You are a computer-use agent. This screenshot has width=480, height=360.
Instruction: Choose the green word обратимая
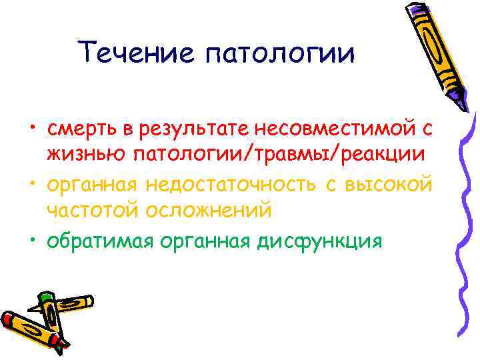[99, 241]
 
